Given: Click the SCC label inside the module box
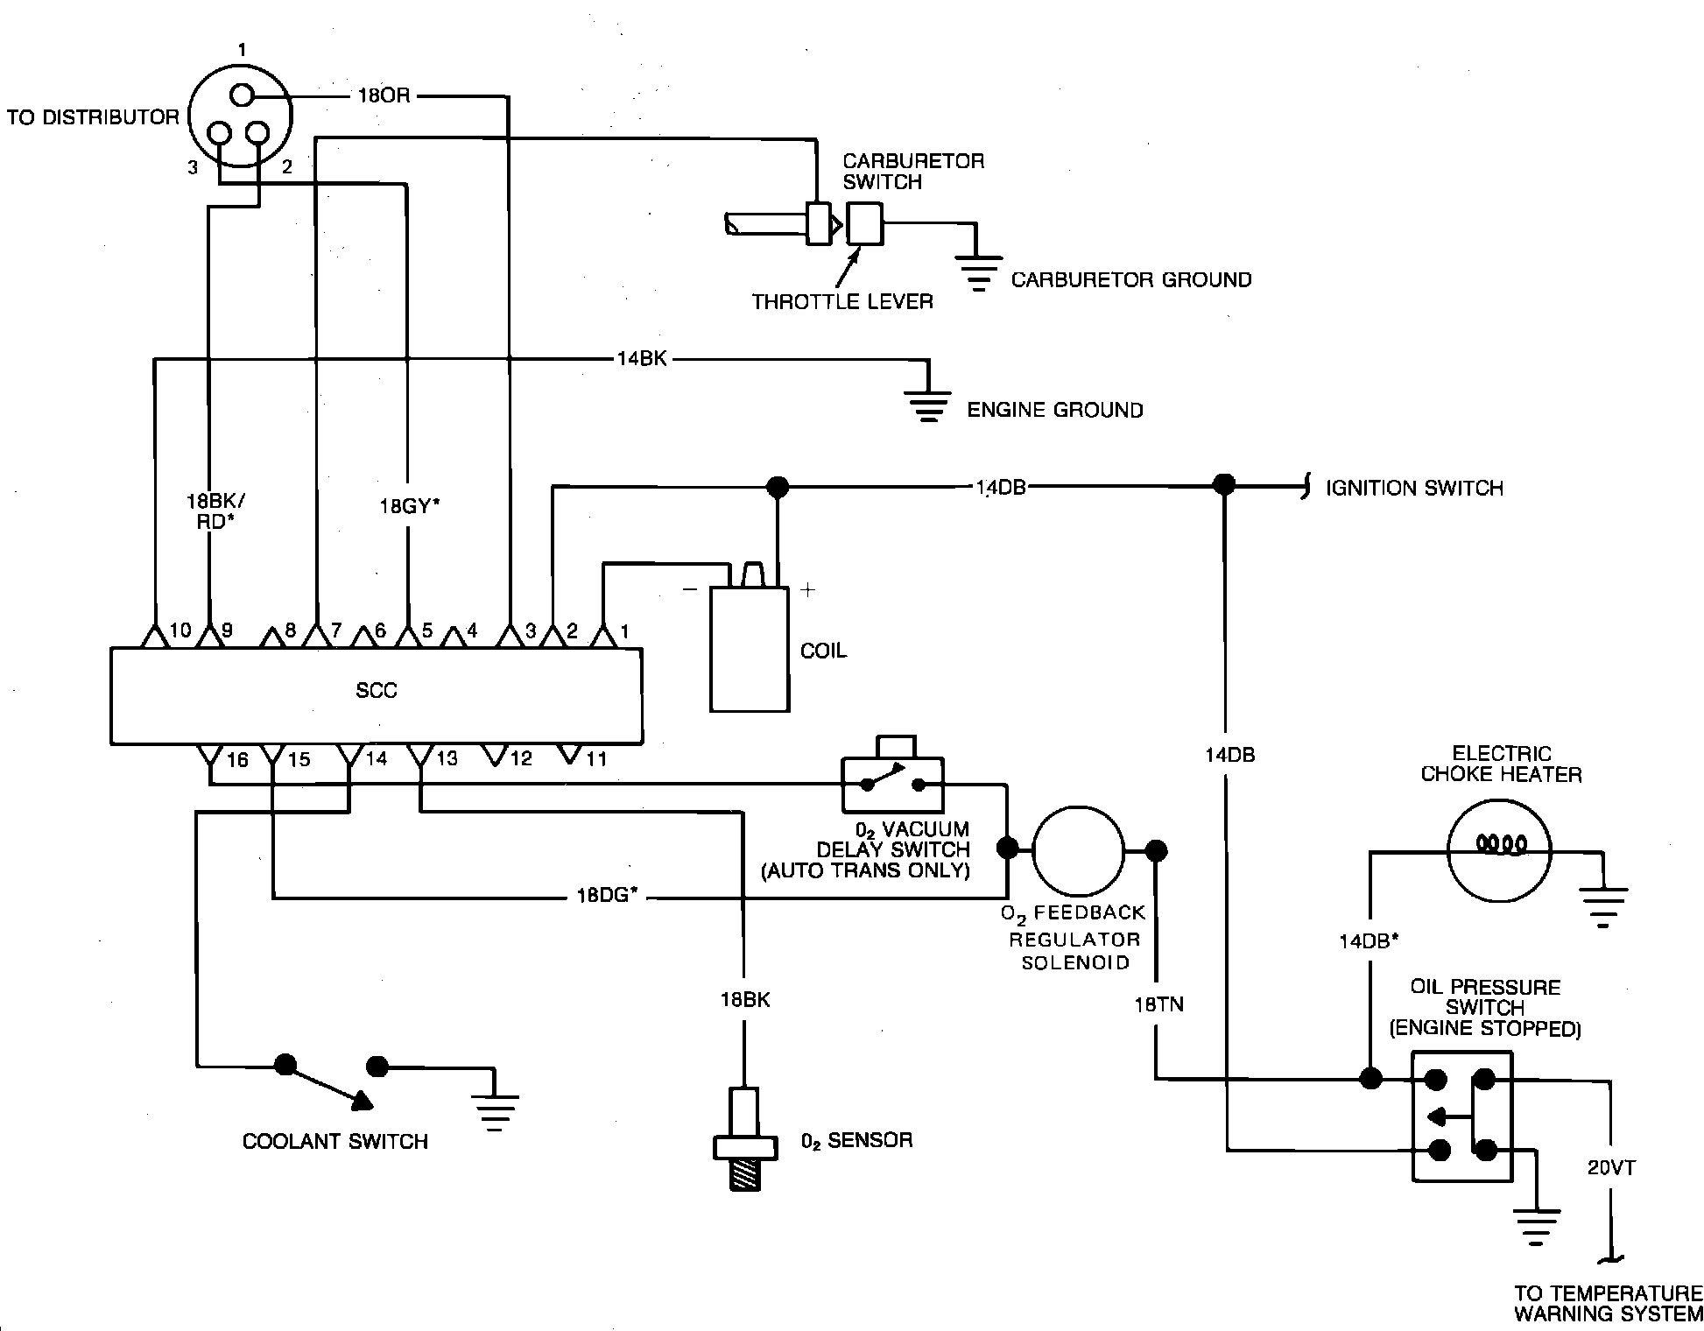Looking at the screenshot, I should coord(377,691).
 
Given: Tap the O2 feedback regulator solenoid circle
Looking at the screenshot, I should coord(1077,850).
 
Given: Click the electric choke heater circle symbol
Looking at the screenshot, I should coord(1499,850).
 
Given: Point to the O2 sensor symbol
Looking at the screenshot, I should coord(744,1138).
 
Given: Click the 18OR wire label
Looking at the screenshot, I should coord(384,95).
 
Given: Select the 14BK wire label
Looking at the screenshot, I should coord(642,359).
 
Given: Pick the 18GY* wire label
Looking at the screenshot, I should coord(410,506).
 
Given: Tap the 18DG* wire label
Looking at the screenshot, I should coord(606,897).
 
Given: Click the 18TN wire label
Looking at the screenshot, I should coord(1158,1004).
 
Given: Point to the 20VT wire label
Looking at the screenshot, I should coord(1611,1168).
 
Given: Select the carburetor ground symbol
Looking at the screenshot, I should coord(978,272).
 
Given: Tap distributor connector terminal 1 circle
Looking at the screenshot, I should coord(242,95).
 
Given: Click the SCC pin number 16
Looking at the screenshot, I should coord(237,759).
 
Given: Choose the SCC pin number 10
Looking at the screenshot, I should coord(180,630).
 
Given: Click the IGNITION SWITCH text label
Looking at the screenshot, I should coord(1414,489).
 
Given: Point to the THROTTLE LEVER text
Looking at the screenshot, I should coord(842,302).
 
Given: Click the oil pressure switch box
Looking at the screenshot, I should coord(1461,1116).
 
